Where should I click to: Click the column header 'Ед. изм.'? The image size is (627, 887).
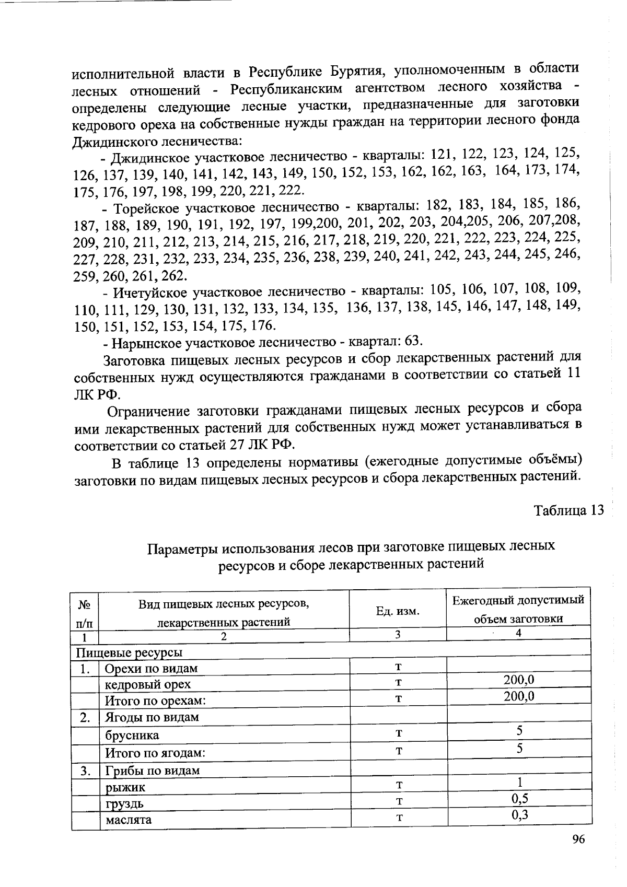tap(398, 611)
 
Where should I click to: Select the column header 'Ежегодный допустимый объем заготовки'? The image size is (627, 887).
tap(518, 610)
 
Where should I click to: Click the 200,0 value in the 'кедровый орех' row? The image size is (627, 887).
tap(518, 680)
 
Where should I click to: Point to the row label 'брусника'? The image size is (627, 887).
tap(132, 735)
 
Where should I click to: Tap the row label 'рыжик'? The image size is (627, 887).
tap(125, 787)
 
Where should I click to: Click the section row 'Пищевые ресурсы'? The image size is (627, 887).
tap(129, 652)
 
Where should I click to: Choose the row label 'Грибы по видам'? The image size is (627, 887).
tap(152, 771)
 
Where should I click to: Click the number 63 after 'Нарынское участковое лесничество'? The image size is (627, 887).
tap(412, 341)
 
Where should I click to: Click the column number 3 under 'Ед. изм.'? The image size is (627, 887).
tap(398, 634)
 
